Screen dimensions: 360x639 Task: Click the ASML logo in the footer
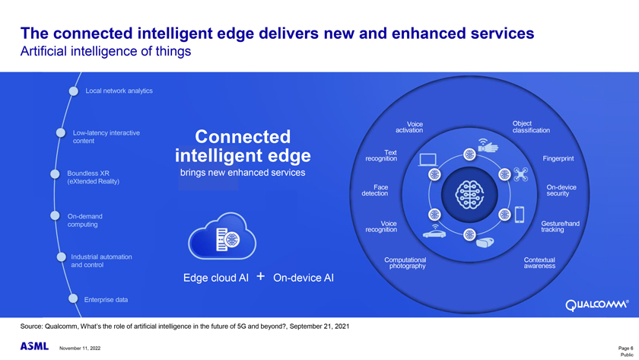click(x=33, y=347)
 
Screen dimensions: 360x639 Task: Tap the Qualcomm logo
click(x=597, y=307)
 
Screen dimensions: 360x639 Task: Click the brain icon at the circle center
click(x=469, y=193)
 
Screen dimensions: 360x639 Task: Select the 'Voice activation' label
click(x=415, y=127)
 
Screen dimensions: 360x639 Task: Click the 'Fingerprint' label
click(x=558, y=159)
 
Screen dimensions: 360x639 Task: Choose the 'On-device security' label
click(x=561, y=190)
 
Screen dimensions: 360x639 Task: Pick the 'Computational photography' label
click(x=407, y=263)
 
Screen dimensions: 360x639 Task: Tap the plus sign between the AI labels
click(x=260, y=276)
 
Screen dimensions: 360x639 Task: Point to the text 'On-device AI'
click(x=303, y=278)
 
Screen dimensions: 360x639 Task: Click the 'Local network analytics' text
click(x=119, y=91)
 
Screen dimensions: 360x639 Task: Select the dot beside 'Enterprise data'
click(x=74, y=298)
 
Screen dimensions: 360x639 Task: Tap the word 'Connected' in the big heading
click(x=243, y=138)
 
